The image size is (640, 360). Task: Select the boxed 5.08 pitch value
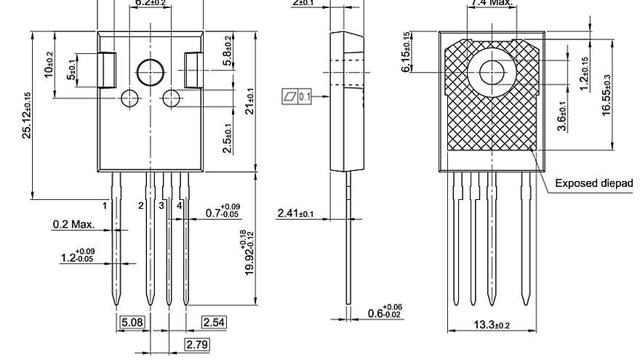click(131, 322)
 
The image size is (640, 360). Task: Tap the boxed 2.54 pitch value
click(214, 322)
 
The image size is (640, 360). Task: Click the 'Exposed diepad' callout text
click(593, 183)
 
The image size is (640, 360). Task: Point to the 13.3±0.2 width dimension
click(492, 324)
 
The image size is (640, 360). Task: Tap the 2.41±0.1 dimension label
click(295, 213)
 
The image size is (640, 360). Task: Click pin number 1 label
click(105, 206)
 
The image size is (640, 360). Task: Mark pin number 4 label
click(179, 206)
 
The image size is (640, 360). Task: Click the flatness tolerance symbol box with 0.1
click(296, 96)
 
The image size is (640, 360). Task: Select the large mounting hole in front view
click(151, 73)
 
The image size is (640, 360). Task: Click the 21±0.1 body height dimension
click(249, 100)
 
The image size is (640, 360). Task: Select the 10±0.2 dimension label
click(49, 65)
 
